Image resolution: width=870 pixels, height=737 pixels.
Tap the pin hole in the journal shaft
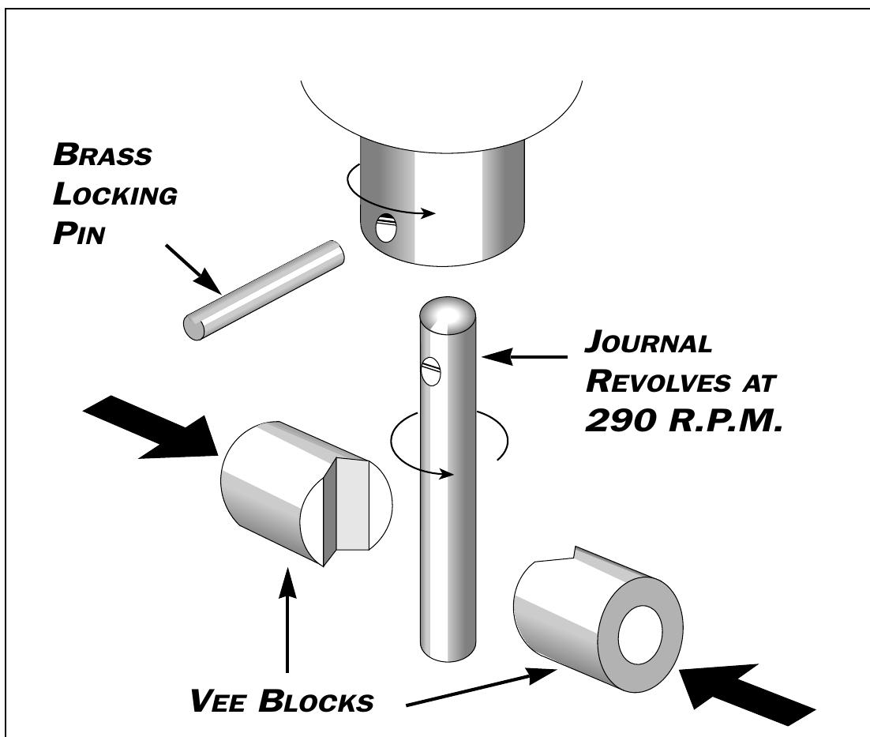pos(431,370)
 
